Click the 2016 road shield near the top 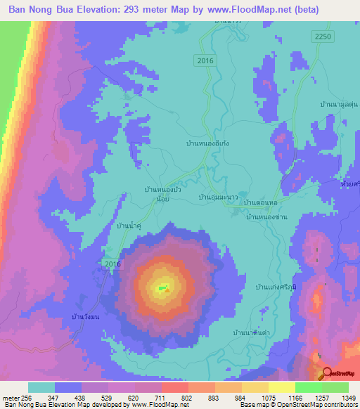coord(205,61)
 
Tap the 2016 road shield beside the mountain coord(112,264)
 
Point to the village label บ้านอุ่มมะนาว coord(217,199)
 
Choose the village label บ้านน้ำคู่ coord(130,225)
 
